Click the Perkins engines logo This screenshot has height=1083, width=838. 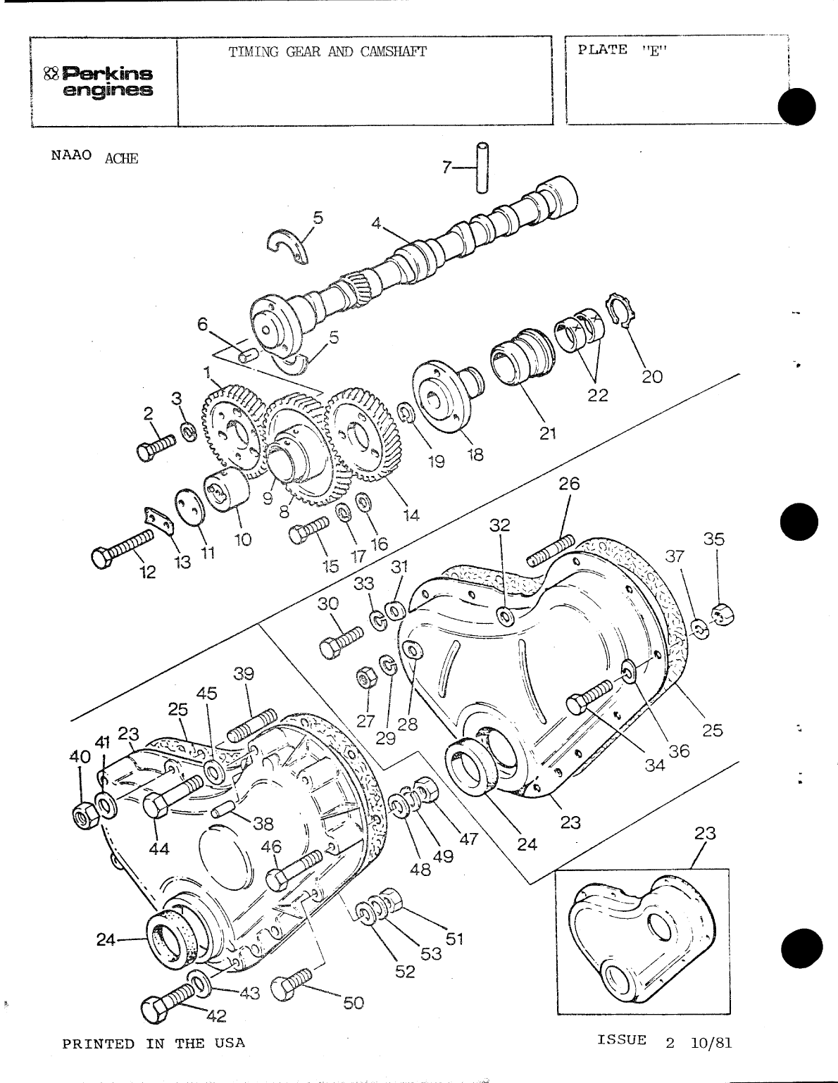click(x=99, y=82)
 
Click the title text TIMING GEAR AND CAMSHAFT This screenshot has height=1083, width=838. click(x=327, y=51)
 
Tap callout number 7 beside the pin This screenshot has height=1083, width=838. click(x=446, y=168)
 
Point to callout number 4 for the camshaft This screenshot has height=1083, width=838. click(x=377, y=224)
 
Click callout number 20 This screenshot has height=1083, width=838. click(x=652, y=377)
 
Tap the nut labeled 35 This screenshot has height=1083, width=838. click(x=722, y=614)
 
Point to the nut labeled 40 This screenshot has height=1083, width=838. click(x=85, y=815)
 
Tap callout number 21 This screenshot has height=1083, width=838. click(x=548, y=433)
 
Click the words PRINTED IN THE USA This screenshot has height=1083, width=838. click(x=154, y=1043)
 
